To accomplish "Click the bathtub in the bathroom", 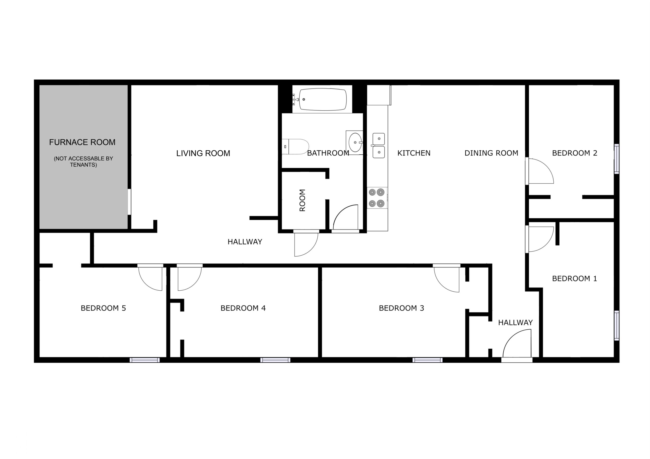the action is pyautogui.click(x=323, y=100).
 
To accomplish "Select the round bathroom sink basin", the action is pyautogui.click(x=355, y=143).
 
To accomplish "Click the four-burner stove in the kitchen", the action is pyautogui.click(x=377, y=198).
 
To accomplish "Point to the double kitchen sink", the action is pyautogui.click(x=379, y=145).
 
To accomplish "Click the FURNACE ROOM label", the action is pyautogui.click(x=82, y=142).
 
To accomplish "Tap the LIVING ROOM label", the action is pyautogui.click(x=203, y=153).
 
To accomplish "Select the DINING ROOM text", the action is pyautogui.click(x=492, y=153).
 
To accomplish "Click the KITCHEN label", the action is pyautogui.click(x=414, y=153).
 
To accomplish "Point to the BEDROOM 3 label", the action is pyautogui.click(x=401, y=308).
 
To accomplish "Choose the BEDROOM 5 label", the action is pyautogui.click(x=103, y=308).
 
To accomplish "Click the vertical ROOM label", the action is pyautogui.click(x=302, y=200).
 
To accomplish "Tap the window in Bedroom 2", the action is pyautogui.click(x=616, y=159).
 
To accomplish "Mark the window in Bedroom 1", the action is pyautogui.click(x=616, y=326).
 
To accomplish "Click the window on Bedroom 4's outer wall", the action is pyautogui.click(x=275, y=360).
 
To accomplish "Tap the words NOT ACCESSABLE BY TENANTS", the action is pyautogui.click(x=84, y=162).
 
